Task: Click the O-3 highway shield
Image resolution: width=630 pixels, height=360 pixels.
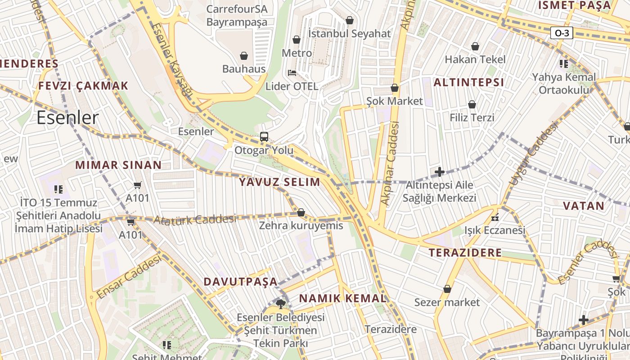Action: coord(561,33)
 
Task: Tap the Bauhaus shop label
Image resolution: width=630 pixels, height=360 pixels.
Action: coord(244,69)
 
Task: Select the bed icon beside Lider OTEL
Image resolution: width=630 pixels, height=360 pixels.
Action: coord(292,73)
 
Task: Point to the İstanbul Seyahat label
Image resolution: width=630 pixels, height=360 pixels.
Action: coord(349,34)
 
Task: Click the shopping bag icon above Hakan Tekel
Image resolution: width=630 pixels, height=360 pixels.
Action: coord(475,46)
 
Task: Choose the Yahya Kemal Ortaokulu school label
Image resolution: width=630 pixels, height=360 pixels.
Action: coord(564,83)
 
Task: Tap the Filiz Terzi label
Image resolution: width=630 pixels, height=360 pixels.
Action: coord(472,117)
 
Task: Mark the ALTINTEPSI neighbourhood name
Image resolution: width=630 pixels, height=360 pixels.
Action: coord(468,83)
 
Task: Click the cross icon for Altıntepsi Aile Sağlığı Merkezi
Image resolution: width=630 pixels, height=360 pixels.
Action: coord(440,172)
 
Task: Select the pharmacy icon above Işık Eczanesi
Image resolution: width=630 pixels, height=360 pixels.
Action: coord(495,218)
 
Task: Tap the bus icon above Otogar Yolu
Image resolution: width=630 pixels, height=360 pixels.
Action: coord(264,137)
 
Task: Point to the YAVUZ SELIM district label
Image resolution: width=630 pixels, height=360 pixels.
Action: coord(279,182)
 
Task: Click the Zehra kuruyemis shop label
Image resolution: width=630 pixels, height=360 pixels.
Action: coord(301,225)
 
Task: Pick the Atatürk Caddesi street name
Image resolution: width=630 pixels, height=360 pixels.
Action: coord(194,220)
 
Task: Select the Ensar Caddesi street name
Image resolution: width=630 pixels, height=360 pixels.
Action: coord(129,276)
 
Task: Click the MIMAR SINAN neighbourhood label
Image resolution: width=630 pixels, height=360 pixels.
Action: coord(118,165)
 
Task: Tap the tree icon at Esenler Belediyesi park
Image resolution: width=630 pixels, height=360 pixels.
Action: coord(281,304)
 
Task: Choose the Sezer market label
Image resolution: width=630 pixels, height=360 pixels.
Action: coord(447,302)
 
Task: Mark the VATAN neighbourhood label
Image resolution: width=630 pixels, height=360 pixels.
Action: coord(584,206)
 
